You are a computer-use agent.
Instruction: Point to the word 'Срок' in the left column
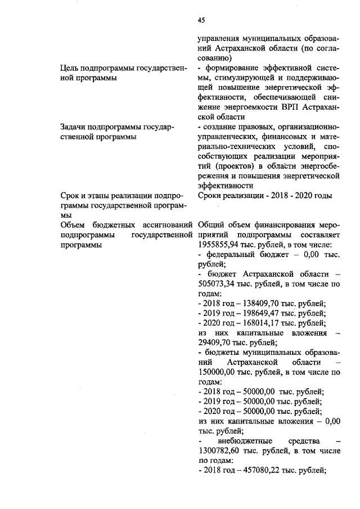click(70, 195)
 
